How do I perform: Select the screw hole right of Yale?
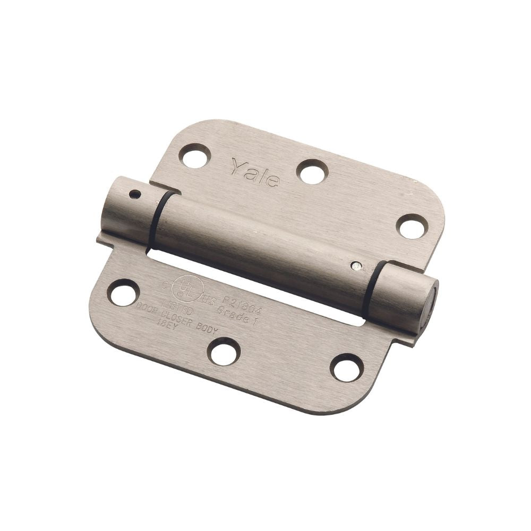click(x=312, y=172)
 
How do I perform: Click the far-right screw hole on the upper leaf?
click(x=413, y=227)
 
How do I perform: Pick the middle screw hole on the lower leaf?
click(x=224, y=351)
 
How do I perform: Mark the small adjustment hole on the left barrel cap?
click(x=137, y=195)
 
